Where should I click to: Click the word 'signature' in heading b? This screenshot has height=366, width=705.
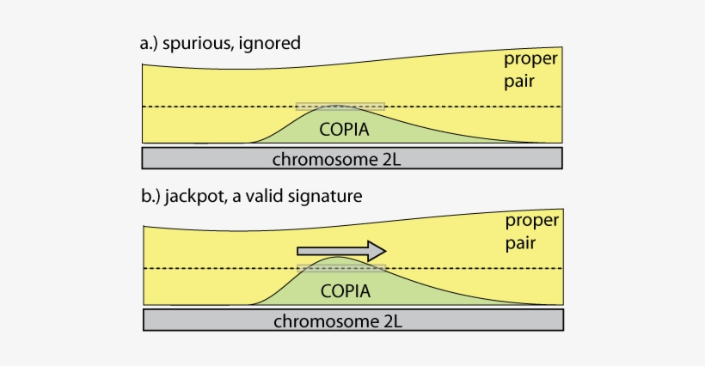(330, 197)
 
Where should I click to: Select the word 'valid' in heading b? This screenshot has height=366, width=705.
(277, 197)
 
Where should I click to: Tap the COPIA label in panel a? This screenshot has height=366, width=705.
(344, 131)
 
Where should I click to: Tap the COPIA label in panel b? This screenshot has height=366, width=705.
(346, 291)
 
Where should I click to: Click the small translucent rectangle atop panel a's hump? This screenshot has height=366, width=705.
(340, 107)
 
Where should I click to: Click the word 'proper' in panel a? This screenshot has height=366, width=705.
(531, 60)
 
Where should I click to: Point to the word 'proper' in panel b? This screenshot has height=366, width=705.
(531, 222)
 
